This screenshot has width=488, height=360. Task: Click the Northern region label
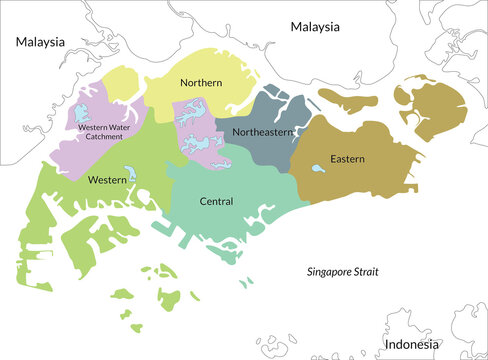(201, 82)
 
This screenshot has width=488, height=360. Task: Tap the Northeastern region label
(263, 132)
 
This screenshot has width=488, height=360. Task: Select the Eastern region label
(348, 159)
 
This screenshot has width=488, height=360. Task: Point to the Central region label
(216, 201)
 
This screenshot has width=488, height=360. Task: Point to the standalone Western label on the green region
(106, 180)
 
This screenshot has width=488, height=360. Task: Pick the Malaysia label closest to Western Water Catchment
(40, 42)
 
